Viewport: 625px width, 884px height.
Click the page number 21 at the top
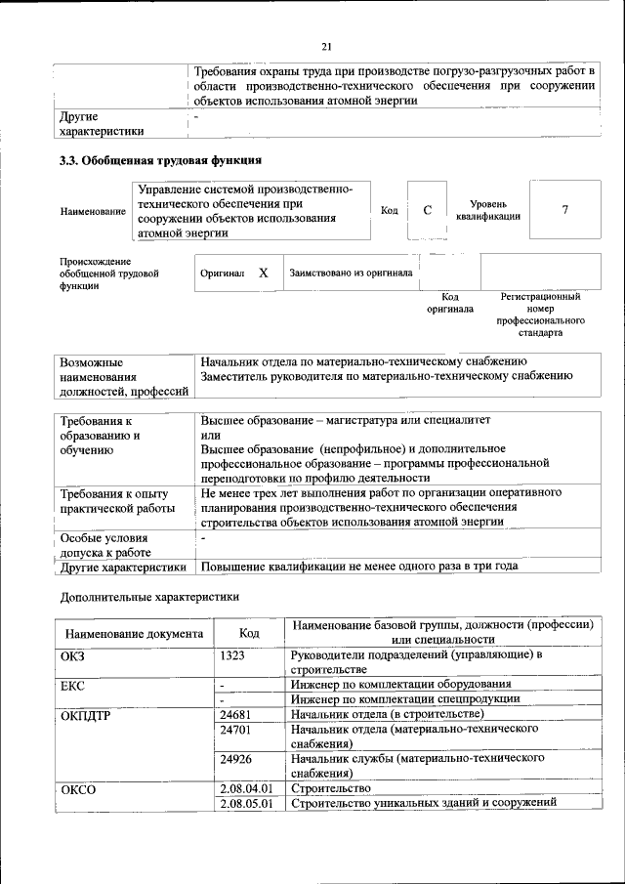click(326, 46)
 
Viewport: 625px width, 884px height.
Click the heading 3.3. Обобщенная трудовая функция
click(159, 159)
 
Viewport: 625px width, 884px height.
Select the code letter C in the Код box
click(427, 210)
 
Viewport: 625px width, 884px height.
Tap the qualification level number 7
click(564, 210)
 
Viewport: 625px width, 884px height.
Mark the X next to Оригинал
click(264, 274)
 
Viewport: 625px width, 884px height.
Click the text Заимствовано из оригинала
click(350, 274)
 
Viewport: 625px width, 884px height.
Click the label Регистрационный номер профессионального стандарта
click(540, 314)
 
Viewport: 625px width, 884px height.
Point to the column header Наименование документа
click(135, 633)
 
